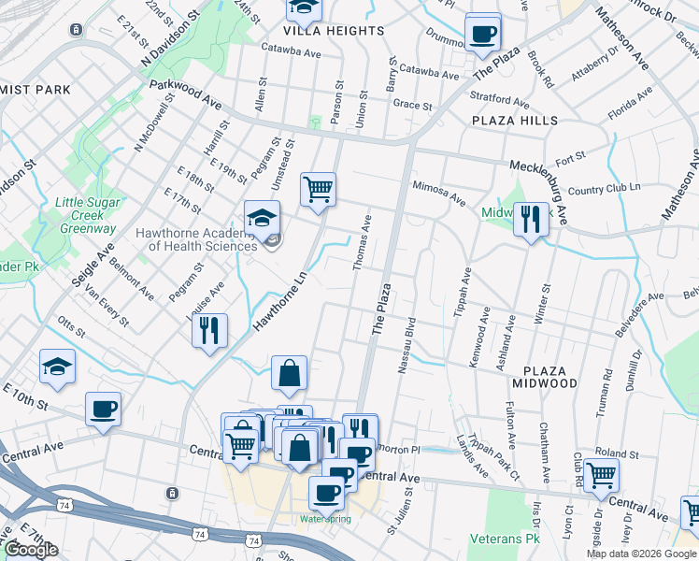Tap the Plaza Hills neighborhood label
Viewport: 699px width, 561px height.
515,121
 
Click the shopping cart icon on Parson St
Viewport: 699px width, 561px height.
318,188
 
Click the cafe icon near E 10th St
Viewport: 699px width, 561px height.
103,408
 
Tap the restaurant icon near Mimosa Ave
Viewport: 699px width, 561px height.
531,220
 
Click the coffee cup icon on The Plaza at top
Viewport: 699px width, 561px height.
482,33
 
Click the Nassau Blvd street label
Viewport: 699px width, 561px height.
407,346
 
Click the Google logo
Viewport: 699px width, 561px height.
31,550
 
